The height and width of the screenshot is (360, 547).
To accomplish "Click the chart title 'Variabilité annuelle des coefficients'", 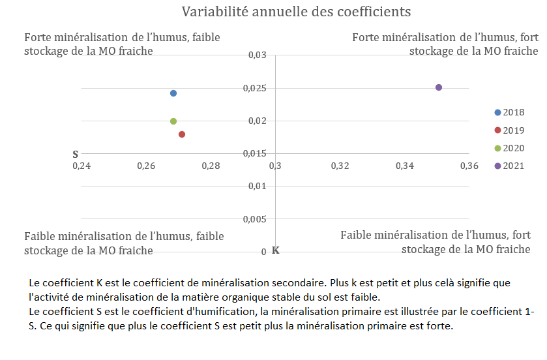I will (296, 12).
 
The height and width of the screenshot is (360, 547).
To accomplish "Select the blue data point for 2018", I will (173, 93).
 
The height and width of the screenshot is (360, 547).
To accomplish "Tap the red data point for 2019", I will (182, 134).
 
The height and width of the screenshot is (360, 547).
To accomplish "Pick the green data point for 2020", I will (173, 121).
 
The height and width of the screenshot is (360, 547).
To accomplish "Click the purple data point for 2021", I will (439, 87).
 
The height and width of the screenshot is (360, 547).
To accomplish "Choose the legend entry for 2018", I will (509, 112).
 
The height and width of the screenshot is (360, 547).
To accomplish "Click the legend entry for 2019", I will (509, 130).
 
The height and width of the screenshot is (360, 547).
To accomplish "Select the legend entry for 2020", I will (509, 148).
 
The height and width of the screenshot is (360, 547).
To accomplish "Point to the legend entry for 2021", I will (509, 166).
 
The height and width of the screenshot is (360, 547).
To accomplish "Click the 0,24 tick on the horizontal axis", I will (81, 166).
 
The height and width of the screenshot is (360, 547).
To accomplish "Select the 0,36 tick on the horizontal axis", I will (469, 166).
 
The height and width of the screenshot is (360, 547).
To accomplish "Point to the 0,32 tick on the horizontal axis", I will (340, 166).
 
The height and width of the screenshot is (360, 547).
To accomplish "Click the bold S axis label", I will (75, 155).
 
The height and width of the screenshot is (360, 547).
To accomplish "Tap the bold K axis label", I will (275, 250).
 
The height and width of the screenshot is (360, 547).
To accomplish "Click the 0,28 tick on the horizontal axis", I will (211, 166).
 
